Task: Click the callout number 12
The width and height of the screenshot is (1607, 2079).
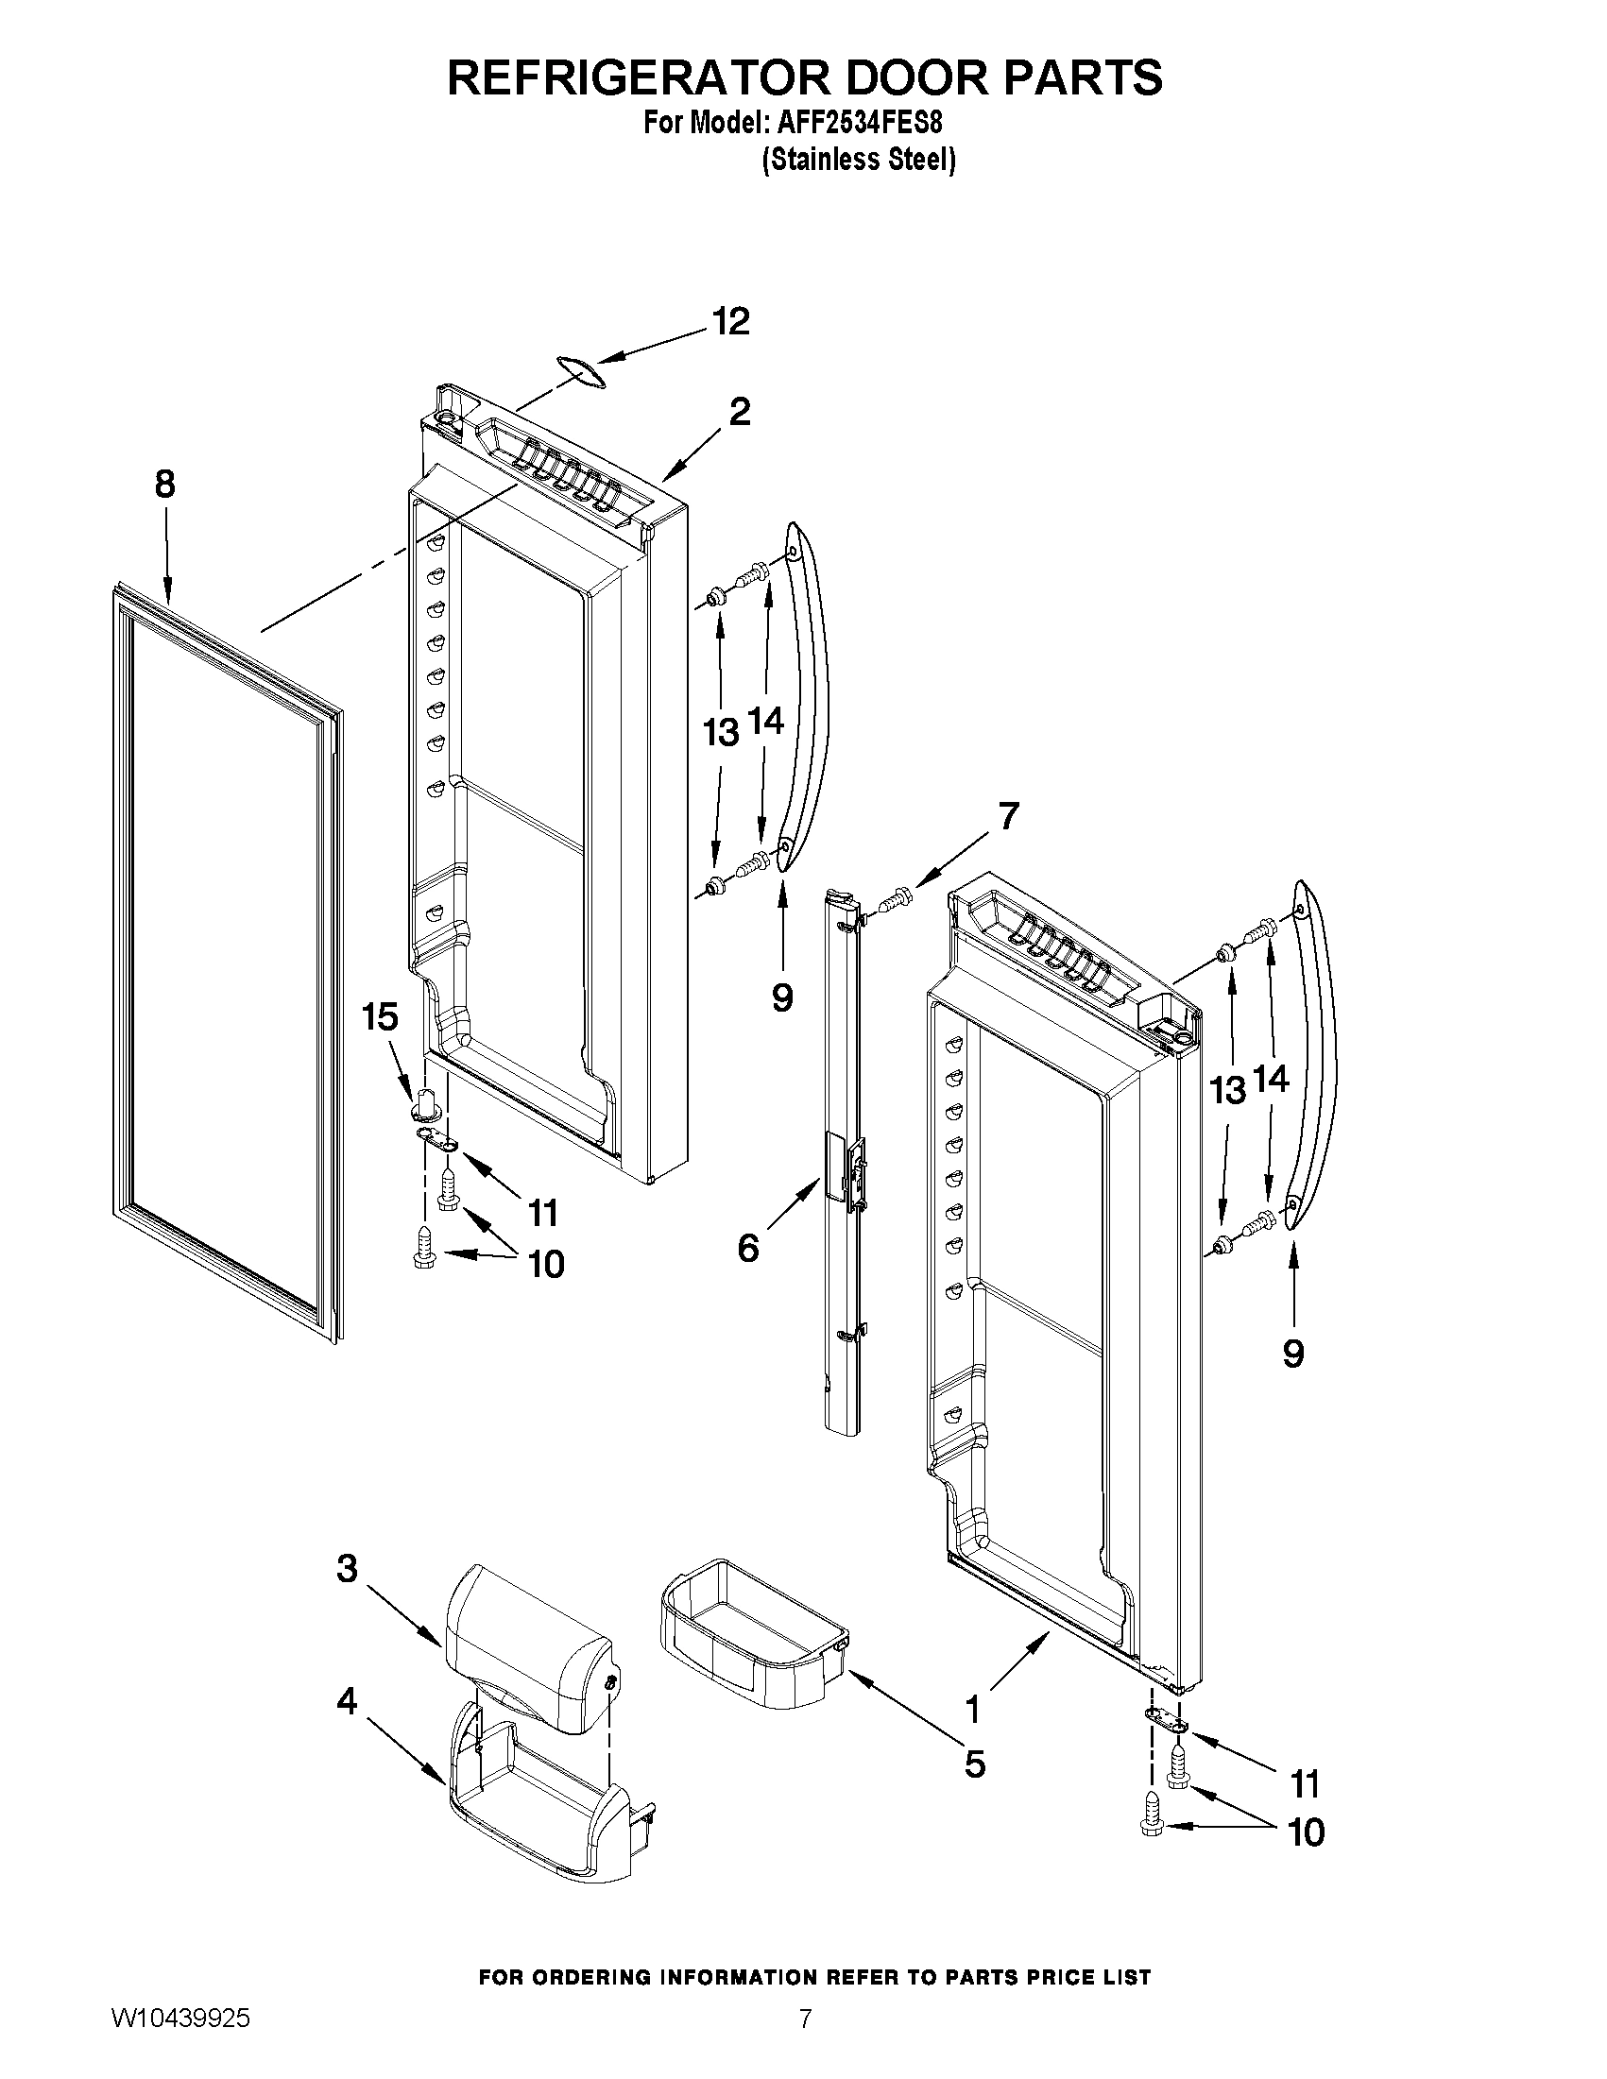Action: tap(731, 322)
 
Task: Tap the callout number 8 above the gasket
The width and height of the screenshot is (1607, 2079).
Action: tap(164, 485)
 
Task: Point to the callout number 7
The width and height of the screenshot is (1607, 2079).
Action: tap(1008, 816)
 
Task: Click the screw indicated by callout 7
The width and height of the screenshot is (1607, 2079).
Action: tap(896, 896)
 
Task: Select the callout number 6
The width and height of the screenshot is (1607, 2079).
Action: tap(748, 1247)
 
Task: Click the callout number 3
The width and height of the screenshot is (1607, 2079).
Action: tap(347, 1568)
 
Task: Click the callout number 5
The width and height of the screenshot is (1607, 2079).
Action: tap(974, 1764)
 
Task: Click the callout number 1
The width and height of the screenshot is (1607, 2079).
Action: tap(972, 1710)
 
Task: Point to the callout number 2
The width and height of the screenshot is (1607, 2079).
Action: tap(739, 412)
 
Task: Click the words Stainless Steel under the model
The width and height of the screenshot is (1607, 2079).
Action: tap(858, 160)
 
